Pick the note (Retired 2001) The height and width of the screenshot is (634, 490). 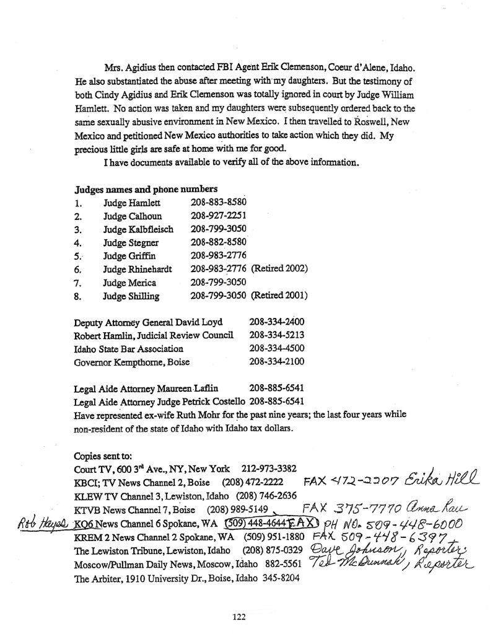280,296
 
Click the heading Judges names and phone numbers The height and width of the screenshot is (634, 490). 146,189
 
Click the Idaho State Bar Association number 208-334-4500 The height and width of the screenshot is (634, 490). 276,348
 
